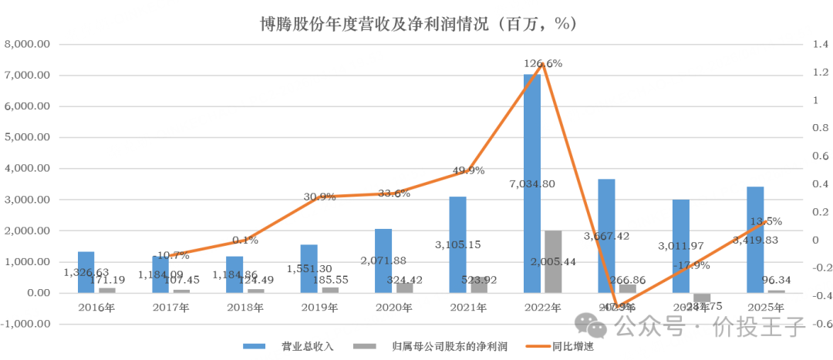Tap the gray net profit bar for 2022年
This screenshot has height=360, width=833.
click(x=554, y=262)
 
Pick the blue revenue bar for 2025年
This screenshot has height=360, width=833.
click(x=755, y=240)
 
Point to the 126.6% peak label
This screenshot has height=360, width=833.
click(x=543, y=63)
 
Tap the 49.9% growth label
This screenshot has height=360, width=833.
click(x=468, y=170)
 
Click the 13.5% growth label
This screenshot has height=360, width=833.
click(x=766, y=221)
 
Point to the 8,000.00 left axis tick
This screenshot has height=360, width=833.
click(x=28, y=45)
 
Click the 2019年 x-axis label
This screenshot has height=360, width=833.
click(x=319, y=308)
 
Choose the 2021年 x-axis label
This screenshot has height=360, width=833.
click(x=467, y=308)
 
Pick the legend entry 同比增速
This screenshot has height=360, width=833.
click(x=572, y=346)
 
